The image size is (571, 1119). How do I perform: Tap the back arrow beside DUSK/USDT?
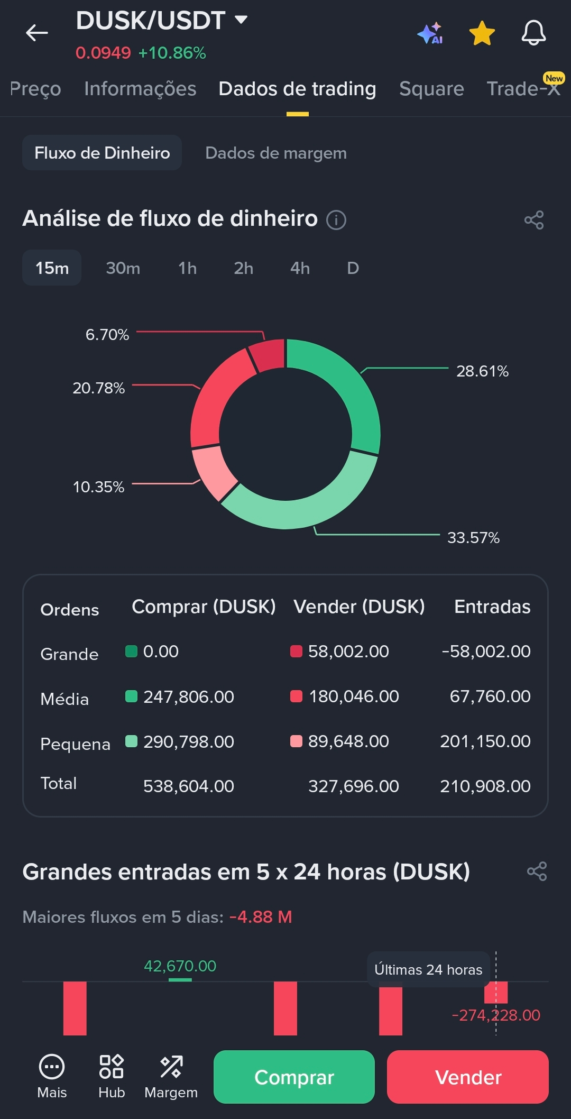pyautogui.click(x=36, y=33)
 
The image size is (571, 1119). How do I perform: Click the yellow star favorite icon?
pyautogui.click(x=482, y=33)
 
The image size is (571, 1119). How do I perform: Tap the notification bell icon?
pyautogui.click(x=533, y=33)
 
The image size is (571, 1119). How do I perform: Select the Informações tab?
pyautogui.click(x=140, y=89)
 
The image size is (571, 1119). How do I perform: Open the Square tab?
pyautogui.click(x=431, y=89)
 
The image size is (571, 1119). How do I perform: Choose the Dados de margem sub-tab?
pyautogui.click(x=275, y=153)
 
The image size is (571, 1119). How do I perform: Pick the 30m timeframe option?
pyautogui.click(x=123, y=268)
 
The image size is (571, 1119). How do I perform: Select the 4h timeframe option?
pyautogui.click(x=300, y=268)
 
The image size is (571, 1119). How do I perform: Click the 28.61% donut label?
pyautogui.click(x=482, y=371)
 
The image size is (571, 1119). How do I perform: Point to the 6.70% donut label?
pyautogui.click(x=107, y=335)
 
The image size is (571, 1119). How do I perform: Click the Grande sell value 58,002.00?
pyautogui.click(x=348, y=652)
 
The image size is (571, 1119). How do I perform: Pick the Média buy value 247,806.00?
pyautogui.click(x=188, y=696)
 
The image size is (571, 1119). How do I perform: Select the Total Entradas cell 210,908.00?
pyautogui.click(x=485, y=786)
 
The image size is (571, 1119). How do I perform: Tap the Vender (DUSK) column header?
pyautogui.click(x=359, y=607)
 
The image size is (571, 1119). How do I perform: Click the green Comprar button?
pyautogui.click(x=294, y=1077)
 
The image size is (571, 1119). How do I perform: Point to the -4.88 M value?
pyautogui.click(x=261, y=917)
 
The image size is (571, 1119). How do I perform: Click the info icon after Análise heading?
pyautogui.click(x=336, y=219)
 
